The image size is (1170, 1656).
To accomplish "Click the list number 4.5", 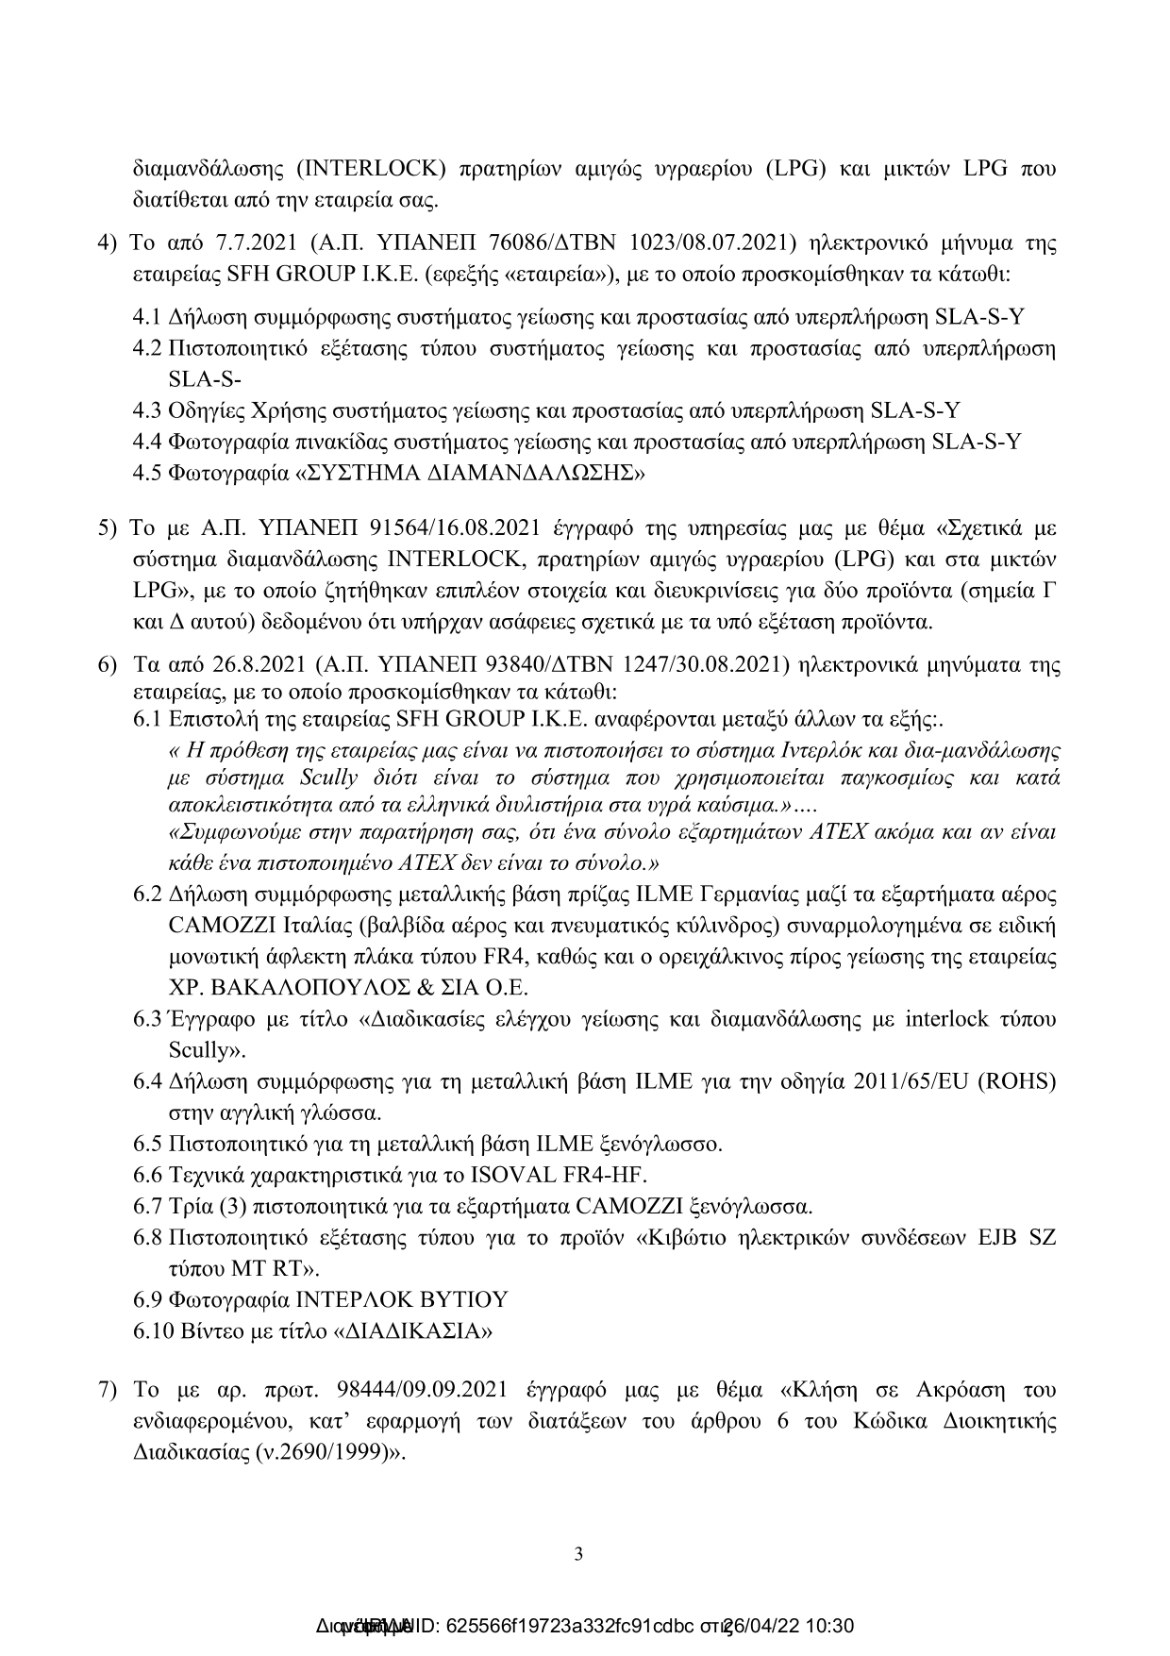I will coord(148,474).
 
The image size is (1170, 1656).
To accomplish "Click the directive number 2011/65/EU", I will coord(911,1081).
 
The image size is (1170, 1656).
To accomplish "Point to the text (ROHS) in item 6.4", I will coord(1017,1081).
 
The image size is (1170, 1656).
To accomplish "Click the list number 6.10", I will coord(153,1331).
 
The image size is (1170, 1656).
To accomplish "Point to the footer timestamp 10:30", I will coord(831,1627).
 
